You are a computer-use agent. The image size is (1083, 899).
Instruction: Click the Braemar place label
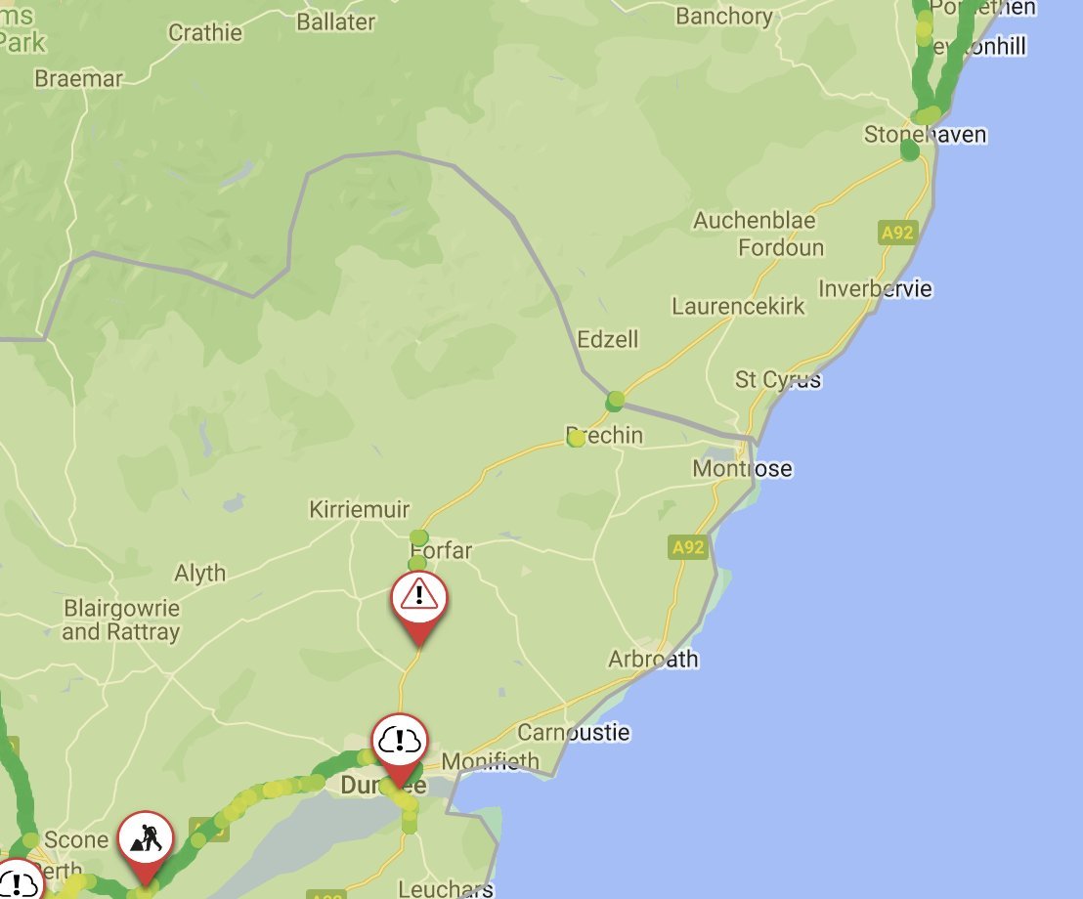click(78, 78)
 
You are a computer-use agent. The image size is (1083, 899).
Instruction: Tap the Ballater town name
click(335, 21)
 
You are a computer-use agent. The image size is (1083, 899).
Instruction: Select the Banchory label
click(723, 17)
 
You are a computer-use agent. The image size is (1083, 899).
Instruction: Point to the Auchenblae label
click(755, 221)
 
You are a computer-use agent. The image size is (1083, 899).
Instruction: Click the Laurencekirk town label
click(738, 306)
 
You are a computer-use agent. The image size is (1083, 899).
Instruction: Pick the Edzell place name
click(607, 339)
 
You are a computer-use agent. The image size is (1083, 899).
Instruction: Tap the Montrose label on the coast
click(742, 469)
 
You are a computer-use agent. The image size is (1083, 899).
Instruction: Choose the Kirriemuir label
click(359, 510)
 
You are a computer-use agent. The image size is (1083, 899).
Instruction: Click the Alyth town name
click(199, 573)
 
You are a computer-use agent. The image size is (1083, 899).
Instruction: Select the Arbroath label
click(653, 659)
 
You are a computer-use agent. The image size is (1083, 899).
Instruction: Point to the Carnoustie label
click(574, 732)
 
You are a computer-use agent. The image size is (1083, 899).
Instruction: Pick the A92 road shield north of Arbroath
click(688, 547)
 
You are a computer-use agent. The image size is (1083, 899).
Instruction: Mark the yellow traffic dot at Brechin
click(577, 439)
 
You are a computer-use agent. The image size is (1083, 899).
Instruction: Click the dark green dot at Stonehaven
click(910, 150)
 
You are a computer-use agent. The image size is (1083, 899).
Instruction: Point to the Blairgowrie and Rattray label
click(121, 621)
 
